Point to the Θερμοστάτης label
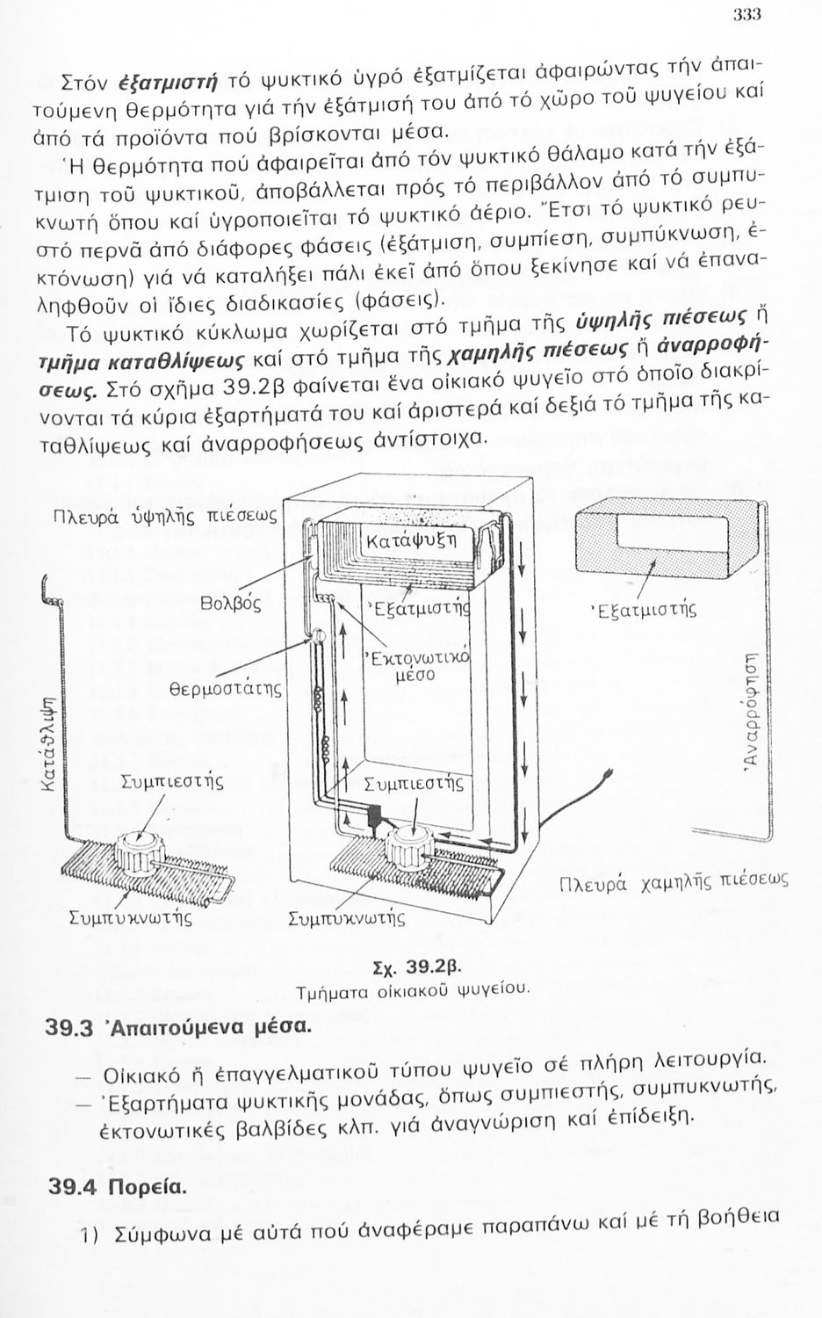pos(226,687)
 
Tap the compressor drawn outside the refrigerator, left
pos(141,851)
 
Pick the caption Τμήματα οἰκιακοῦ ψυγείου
pos(414,988)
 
